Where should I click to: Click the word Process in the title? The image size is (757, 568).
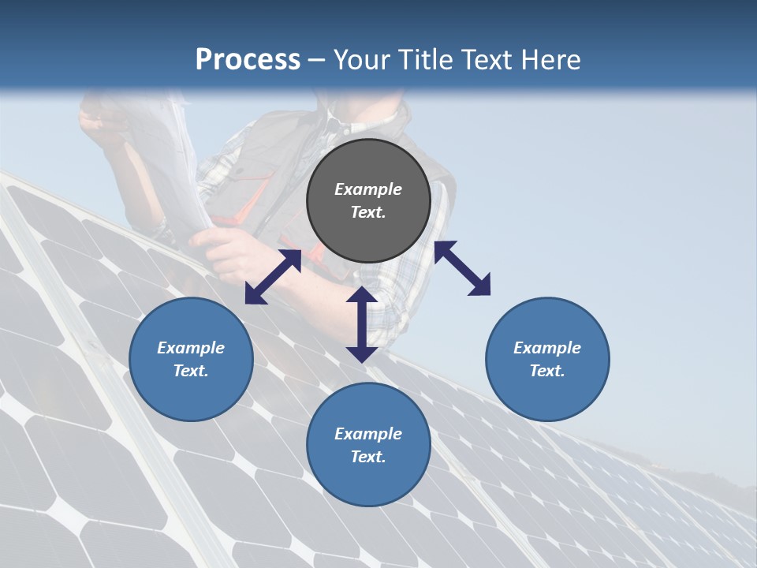pos(248,60)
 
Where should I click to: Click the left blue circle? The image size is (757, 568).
pos(191,359)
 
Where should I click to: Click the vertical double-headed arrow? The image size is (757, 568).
pos(361,324)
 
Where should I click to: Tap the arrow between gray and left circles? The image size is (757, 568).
pos(273,277)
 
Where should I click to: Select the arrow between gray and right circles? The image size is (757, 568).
pos(462,268)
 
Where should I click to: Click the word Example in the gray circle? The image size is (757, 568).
pos(368,189)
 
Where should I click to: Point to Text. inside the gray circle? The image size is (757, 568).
pos(368,212)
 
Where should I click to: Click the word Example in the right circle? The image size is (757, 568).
pos(547,348)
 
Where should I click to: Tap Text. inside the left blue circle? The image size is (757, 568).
pos(191,371)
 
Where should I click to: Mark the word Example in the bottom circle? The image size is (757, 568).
pos(368,434)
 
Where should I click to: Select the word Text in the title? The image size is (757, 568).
pos(490,60)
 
